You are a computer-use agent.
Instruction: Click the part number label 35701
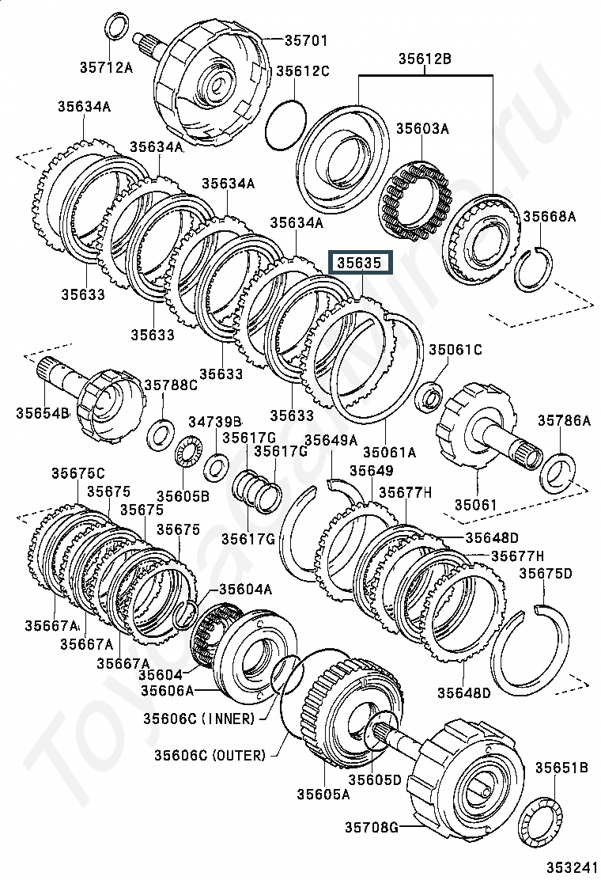click(x=305, y=40)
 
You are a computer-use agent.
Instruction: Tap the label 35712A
click(x=106, y=68)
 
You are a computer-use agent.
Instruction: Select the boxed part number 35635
click(x=359, y=263)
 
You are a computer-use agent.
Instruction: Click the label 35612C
click(x=302, y=71)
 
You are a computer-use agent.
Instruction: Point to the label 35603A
click(x=423, y=128)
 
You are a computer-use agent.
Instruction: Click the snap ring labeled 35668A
click(x=534, y=269)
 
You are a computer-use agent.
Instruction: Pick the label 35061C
click(x=455, y=350)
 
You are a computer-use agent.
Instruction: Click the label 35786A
click(x=564, y=420)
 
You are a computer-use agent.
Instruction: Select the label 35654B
click(x=42, y=412)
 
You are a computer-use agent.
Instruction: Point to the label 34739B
click(x=214, y=422)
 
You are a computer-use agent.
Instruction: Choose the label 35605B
click(x=183, y=496)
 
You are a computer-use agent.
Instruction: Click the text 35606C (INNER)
click(x=199, y=719)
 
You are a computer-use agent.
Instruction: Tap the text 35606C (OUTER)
click(x=210, y=755)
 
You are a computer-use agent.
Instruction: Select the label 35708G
click(x=371, y=827)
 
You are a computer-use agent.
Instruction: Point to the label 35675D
click(x=545, y=573)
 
